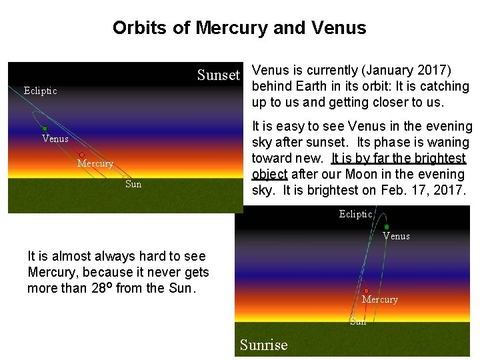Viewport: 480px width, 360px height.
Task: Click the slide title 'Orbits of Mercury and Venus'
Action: tap(239, 28)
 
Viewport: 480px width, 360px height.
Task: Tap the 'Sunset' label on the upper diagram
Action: tap(218, 75)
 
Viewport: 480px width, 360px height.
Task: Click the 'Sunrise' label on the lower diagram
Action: tap(263, 345)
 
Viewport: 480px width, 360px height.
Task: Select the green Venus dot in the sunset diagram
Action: tap(45, 129)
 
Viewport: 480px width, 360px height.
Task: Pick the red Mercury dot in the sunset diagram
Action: tap(81, 155)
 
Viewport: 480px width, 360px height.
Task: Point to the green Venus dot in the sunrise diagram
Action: tap(387, 227)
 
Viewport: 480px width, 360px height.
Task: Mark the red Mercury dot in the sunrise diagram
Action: tap(367, 291)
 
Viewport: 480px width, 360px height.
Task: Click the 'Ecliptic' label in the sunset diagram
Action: tap(40, 91)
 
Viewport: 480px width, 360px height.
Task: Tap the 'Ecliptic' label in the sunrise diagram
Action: tap(355, 214)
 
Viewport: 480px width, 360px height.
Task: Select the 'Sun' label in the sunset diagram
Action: tap(133, 184)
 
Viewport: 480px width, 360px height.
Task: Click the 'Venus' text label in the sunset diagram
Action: tap(55, 139)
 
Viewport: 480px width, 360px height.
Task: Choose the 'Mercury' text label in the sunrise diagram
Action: tap(379, 300)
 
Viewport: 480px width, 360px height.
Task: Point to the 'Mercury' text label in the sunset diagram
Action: tap(95, 163)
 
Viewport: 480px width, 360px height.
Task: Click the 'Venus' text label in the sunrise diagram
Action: tap(396, 236)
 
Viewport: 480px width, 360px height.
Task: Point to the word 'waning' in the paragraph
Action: tap(450, 142)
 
